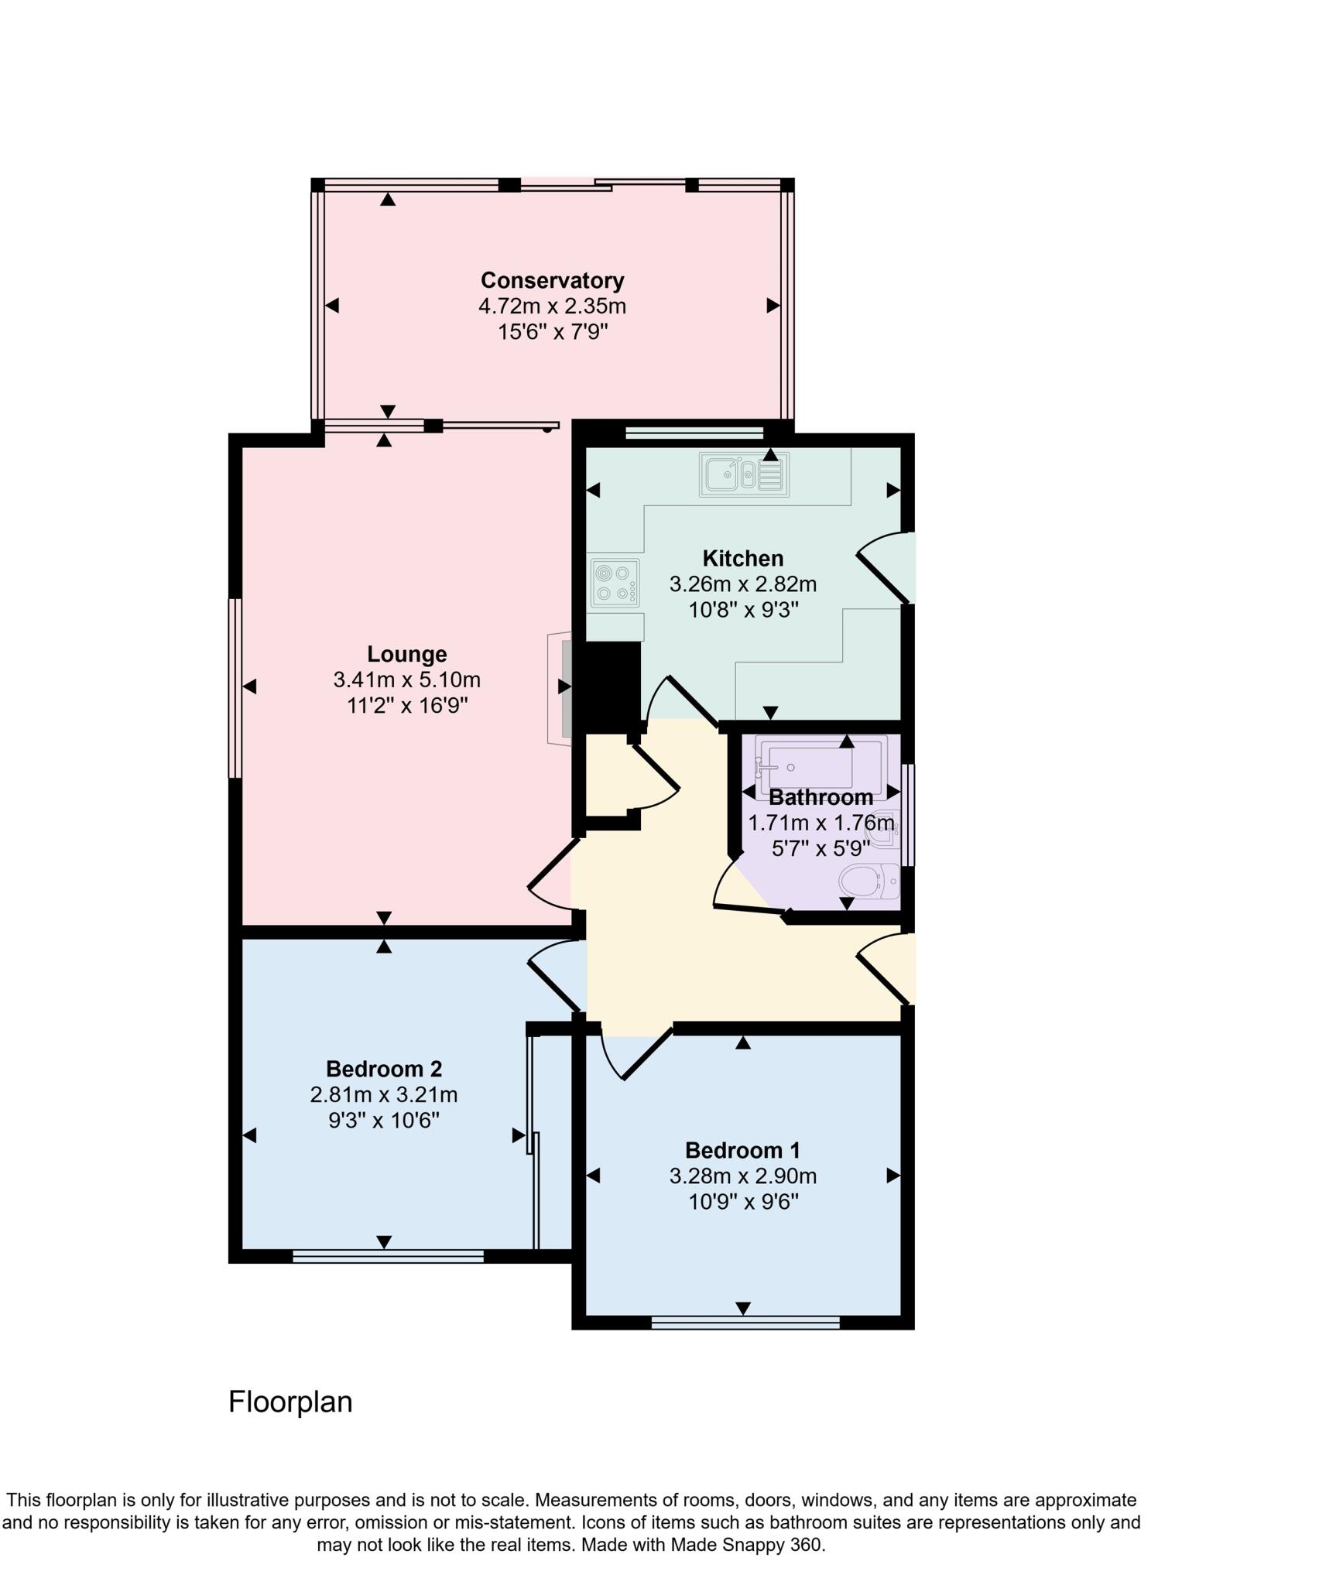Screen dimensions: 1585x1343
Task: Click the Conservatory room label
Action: point(552,280)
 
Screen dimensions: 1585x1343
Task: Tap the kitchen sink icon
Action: point(744,474)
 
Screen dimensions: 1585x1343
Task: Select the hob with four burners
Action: point(615,583)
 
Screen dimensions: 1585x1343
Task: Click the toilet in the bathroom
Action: point(868,882)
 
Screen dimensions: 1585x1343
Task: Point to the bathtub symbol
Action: point(820,766)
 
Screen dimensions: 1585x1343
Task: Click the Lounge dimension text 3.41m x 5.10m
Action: point(406,680)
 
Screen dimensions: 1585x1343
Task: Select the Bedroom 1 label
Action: point(742,1150)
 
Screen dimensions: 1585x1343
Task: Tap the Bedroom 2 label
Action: point(383,1069)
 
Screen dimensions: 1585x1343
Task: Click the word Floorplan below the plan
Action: point(290,1402)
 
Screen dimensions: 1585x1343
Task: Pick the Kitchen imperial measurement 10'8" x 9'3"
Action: point(743,610)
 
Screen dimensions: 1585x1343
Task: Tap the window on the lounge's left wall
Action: point(235,687)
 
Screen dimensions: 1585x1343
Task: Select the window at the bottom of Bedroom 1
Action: point(745,1323)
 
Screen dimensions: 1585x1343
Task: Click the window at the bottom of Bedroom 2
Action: point(388,1257)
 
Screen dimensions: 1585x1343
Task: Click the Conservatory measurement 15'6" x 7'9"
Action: point(552,333)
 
